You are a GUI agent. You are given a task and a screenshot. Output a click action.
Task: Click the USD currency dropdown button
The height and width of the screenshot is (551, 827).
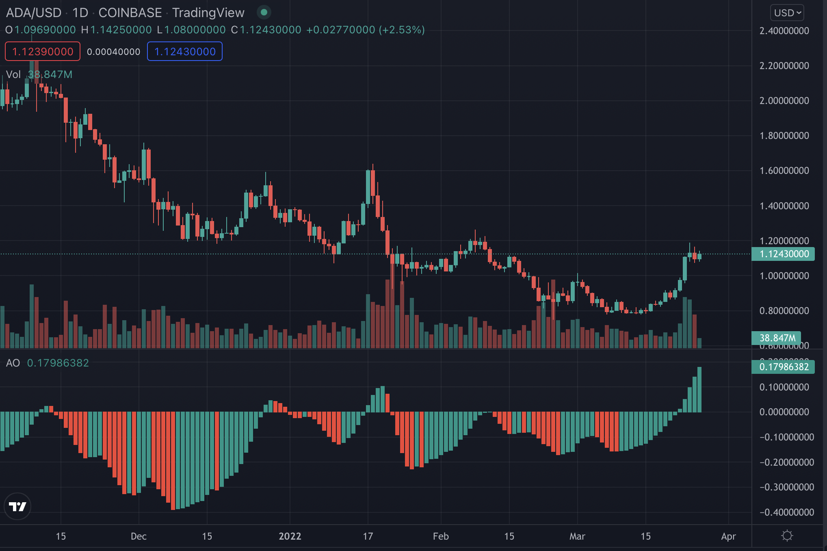coord(787,13)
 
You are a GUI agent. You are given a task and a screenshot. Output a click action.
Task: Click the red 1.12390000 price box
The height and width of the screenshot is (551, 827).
coord(43,52)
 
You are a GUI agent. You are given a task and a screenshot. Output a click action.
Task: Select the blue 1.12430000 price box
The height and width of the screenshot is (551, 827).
coord(185,52)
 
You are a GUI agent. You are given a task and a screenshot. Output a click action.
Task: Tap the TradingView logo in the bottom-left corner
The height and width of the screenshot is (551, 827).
coord(17,506)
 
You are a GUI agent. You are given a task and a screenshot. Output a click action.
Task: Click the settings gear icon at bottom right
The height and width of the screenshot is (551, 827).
coord(787,536)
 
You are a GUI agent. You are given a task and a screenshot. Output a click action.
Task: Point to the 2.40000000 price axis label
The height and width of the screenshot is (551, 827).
coord(784,31)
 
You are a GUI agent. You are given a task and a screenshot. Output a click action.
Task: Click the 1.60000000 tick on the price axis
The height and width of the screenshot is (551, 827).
coord(784,171)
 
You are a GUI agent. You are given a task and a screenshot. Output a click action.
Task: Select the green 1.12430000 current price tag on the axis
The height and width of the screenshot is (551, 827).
coord(784,254)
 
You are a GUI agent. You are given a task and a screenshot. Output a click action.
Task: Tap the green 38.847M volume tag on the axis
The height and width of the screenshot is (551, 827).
coord(777,338)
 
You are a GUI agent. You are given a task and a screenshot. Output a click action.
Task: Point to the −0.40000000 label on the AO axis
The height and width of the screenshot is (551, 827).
coord(786,512)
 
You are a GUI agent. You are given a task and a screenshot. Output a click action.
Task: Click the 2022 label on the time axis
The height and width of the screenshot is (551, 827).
coord(290,536)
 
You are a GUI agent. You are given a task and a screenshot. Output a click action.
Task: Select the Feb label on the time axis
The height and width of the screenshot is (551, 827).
coord(441,536)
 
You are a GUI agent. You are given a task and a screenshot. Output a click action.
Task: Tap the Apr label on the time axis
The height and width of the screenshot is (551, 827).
coord(728,536)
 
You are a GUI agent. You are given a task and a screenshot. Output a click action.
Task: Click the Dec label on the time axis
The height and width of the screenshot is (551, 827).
coord(139,536)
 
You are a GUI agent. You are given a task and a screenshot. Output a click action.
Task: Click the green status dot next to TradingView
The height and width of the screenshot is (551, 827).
coord(264,13)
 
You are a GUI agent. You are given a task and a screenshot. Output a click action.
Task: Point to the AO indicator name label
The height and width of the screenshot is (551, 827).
coord(13,363)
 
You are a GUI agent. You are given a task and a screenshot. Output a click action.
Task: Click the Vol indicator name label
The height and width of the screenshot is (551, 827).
coord(13,74)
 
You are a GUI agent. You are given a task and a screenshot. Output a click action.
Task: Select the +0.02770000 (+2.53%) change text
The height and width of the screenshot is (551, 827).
coord(365,30)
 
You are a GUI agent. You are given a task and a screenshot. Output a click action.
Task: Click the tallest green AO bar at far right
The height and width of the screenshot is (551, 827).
coord(699,390)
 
